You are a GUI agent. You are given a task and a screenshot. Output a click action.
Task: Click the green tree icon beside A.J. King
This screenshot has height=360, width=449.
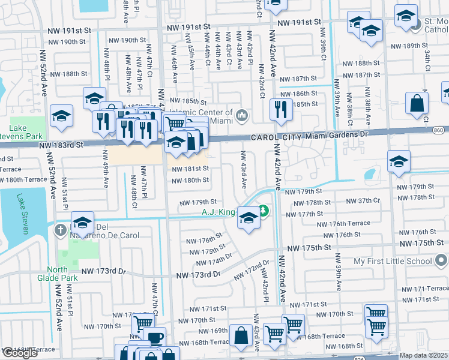[263, 211]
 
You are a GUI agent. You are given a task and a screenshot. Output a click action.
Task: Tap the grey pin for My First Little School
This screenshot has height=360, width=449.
[441, 261]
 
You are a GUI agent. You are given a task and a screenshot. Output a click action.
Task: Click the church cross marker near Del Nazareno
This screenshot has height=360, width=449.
[61, 230]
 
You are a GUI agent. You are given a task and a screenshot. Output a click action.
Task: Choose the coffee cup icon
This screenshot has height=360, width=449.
[155, 338]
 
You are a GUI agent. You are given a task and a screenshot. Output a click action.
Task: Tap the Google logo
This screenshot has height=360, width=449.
[20, 353]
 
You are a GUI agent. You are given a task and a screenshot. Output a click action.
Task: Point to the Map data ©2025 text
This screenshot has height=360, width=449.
[423, 355]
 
